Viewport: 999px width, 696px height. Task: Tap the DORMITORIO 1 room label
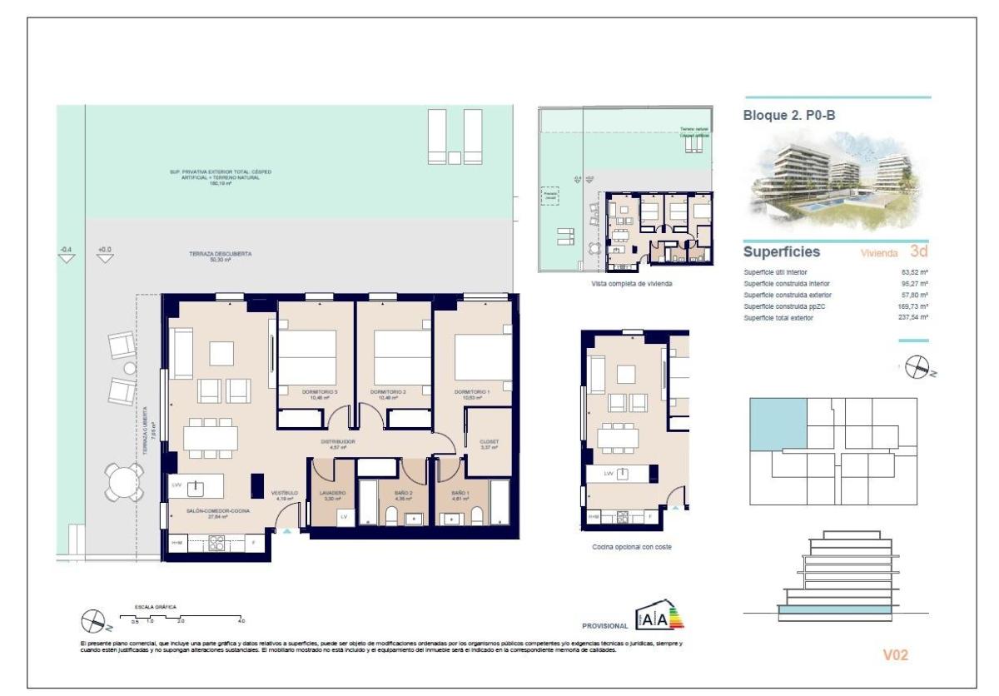click(472, 391)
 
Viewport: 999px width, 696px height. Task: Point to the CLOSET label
click(489, 442)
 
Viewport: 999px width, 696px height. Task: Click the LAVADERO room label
click(332, 493)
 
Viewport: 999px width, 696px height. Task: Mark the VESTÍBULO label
click(285, 494)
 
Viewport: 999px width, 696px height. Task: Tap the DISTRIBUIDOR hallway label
click(339, 442)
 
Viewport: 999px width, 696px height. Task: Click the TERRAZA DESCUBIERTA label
click(220, 254)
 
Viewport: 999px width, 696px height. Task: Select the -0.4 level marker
click(66, 250)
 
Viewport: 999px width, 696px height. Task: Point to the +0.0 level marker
click(104, 250)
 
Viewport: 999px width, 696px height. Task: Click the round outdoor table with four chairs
click(124, 480)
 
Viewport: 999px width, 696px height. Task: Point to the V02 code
click(896, 655)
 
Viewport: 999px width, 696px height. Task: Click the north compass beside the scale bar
click(92, 620)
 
